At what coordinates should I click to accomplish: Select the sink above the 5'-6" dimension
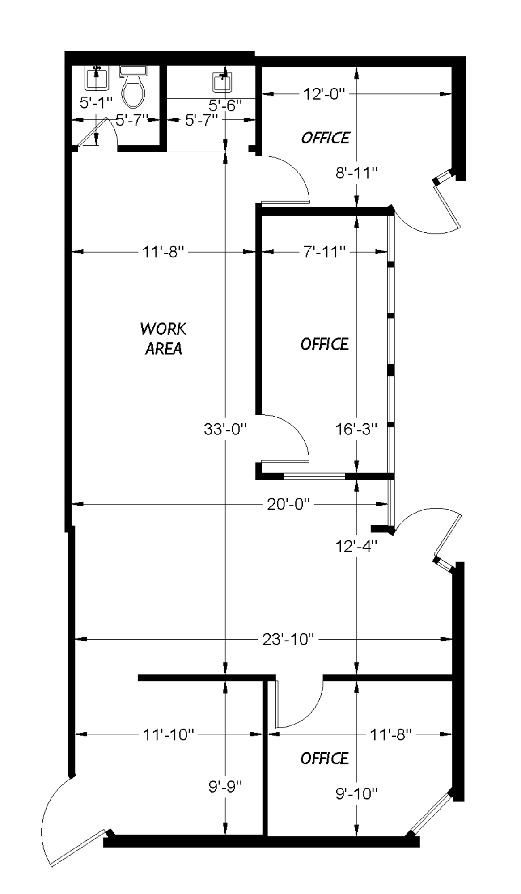(222, 81)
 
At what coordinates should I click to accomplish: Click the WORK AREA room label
(163, 338)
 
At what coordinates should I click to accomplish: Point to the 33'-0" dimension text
(225, 430)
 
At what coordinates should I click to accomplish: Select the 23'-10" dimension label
(288, 639)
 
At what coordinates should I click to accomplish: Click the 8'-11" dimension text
(357, 173)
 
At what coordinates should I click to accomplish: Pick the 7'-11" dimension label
(325, 252)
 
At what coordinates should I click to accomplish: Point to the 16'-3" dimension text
(356, 429)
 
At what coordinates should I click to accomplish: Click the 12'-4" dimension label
(356, 545)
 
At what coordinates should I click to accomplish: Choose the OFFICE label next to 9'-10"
(325, 758)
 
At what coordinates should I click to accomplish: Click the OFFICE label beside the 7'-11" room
(325, 344)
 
